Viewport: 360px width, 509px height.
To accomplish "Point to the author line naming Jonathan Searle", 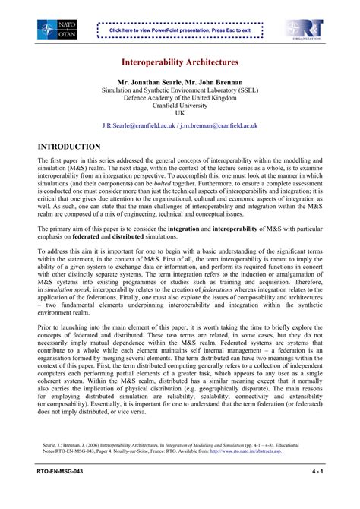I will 180,81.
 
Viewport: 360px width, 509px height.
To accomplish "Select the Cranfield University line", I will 180,105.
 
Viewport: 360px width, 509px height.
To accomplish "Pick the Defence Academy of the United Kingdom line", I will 180,96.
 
